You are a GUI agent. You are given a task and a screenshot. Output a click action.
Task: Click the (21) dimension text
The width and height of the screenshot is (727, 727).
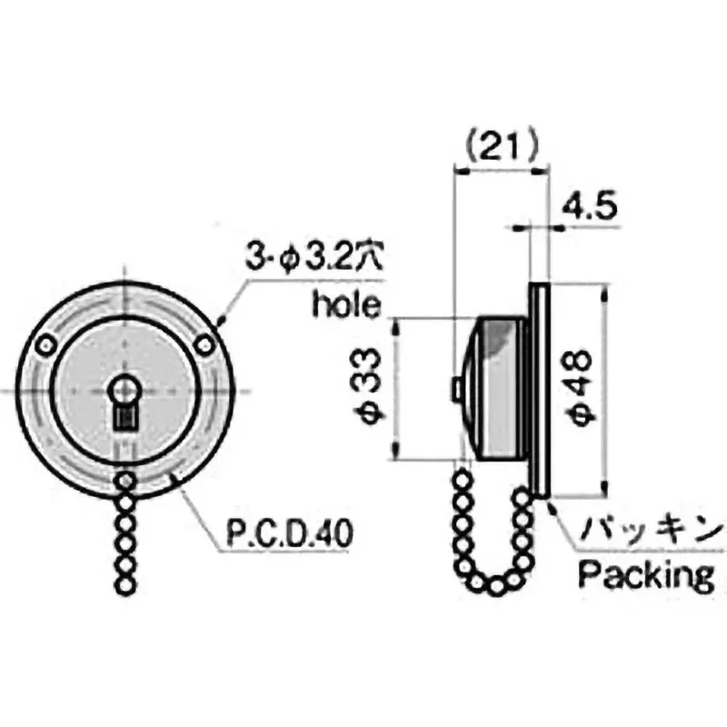tap(503, 145)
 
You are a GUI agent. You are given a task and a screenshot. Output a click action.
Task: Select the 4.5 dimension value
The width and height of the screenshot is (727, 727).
tap(589, 206)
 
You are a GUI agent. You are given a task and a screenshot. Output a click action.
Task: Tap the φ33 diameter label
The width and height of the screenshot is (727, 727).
tap(372, 388)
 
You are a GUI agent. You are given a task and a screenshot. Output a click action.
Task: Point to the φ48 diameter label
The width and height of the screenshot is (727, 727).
tap(579, 388)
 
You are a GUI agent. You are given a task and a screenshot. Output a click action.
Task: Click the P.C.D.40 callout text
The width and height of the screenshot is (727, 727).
tap(290, 533)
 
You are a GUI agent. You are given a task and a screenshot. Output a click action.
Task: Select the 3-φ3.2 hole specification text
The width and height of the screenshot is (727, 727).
tap(315, 257)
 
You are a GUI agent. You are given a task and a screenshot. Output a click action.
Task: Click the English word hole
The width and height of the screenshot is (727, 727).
tap(347, 304)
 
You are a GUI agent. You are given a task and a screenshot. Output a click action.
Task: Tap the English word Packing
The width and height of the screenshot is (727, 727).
tap(646, 575)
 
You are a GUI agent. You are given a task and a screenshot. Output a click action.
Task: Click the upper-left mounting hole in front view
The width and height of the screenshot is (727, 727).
tap(45, 345)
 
